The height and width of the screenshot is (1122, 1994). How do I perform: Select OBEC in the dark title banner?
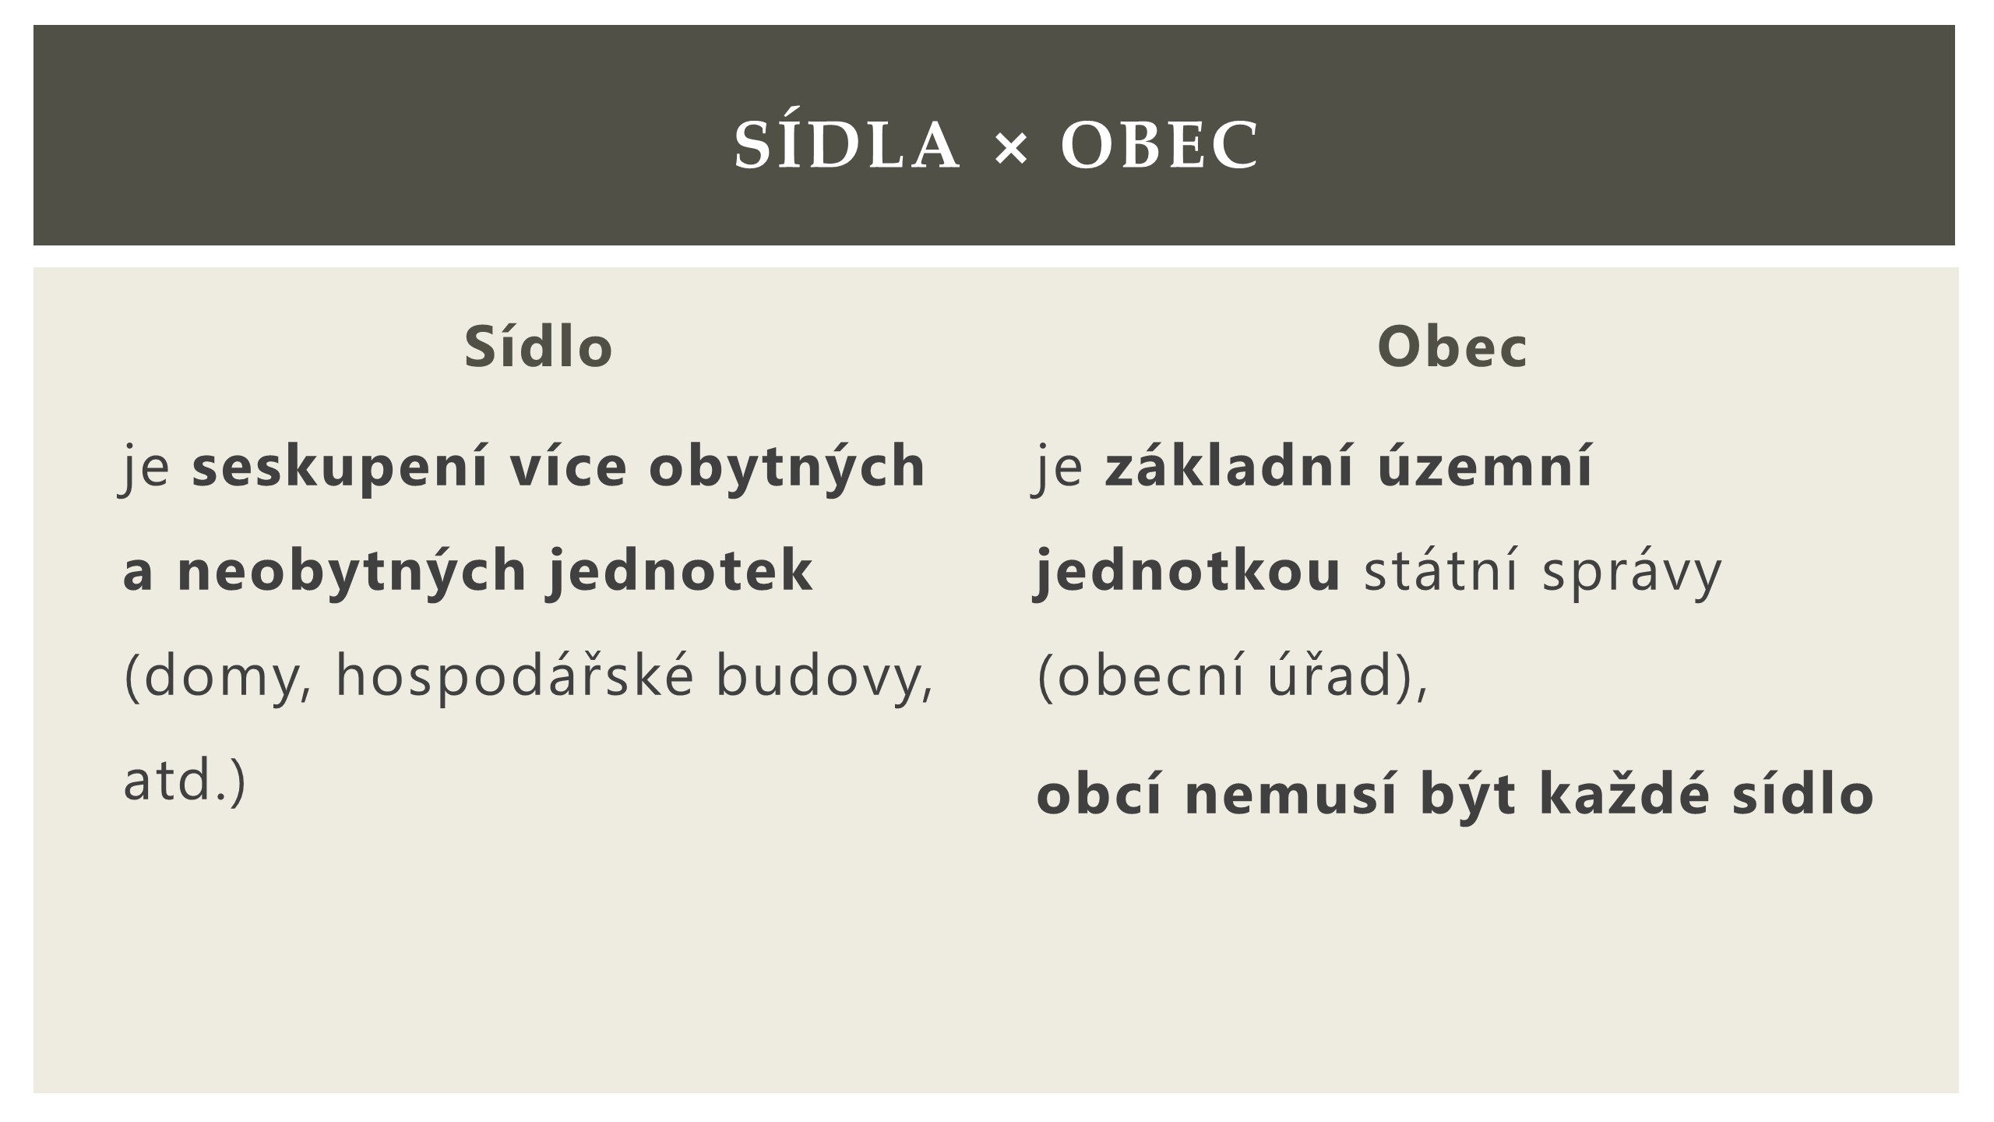point(1159,146)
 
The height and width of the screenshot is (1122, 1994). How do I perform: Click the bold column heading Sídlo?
point(539,346)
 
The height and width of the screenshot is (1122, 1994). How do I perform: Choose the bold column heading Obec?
point(1452,347)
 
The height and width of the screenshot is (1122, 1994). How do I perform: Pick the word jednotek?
point(682,570)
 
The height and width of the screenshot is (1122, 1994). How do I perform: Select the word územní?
point(1485,465)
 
